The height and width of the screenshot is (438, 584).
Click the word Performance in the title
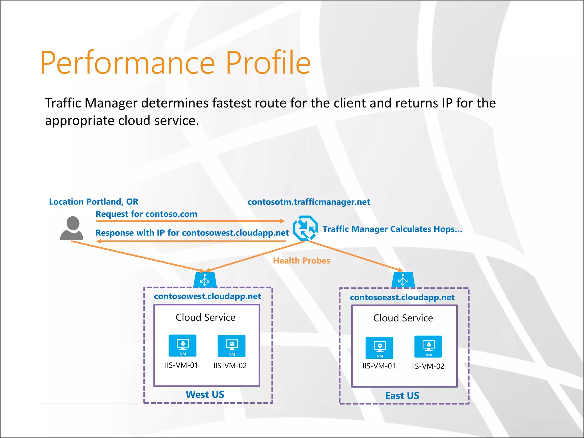(127, 63)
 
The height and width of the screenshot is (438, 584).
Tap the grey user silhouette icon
(72, 228)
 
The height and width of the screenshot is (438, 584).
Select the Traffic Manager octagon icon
(305, 228)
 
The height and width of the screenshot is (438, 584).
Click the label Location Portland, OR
(94, 202)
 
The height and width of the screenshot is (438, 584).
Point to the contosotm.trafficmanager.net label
(309, 202)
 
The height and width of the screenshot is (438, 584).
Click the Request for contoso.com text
(146, 214)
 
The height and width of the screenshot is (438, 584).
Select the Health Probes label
(301, 261)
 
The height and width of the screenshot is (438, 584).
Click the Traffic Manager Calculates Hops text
(392, 229)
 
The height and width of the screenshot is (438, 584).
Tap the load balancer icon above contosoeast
(403, 280)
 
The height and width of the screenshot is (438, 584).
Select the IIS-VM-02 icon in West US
(232, 346)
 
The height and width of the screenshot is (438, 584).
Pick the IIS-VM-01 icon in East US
(379, 348)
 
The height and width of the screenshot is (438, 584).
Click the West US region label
(205, 395)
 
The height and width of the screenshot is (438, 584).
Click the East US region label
(402, 396)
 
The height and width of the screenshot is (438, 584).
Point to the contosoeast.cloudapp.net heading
(402, 298)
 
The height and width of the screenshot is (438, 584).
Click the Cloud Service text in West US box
(205, 317)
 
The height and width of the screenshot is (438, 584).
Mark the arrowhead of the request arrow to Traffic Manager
(282, 221)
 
